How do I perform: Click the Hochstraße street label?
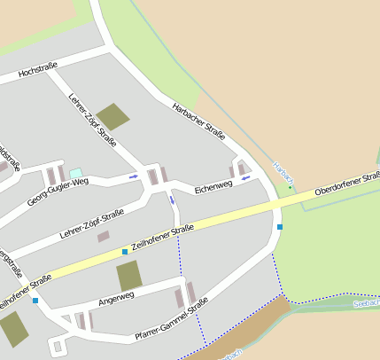[36, 71]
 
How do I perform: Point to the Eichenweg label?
[213, 185]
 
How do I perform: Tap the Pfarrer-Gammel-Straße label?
[171, 321]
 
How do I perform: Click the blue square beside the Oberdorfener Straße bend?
[280, 227]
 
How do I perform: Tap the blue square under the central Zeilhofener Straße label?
[125, 252]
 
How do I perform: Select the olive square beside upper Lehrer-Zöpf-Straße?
[112, 116]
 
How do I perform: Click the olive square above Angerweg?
[129, 276]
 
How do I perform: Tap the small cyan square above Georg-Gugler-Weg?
[75, 172]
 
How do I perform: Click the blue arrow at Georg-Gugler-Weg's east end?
[134, 177]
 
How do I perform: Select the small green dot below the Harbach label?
[289, 187]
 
